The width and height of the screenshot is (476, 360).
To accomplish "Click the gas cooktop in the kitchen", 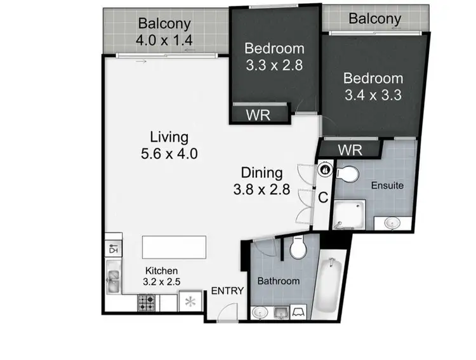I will point(147,303).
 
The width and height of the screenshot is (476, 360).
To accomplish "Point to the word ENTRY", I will point(227,291).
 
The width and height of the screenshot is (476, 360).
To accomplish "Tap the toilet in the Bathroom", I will point(298,248).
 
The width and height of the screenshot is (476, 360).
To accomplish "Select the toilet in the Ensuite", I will point(347,173).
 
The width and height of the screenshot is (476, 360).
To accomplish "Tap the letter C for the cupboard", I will point(322,198).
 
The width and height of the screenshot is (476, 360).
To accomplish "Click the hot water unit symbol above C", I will point(325,170).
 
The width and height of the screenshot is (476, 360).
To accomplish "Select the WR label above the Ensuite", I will point(350,150).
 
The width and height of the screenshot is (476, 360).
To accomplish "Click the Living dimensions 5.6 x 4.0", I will point(169,153).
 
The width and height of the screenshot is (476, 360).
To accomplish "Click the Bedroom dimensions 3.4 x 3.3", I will point(373,96).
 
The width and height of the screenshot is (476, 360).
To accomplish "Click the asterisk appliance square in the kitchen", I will point(190,301).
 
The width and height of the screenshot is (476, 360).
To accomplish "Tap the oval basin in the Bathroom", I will point(260,312).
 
